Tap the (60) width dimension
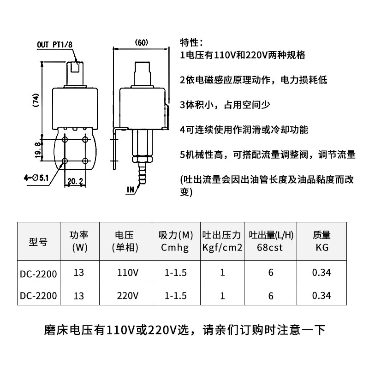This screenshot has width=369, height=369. tap(141, 43)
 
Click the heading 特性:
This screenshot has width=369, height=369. tap(190, 43)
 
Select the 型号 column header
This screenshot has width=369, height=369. tap(38, 241)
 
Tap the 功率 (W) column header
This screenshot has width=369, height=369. tap(79, 241)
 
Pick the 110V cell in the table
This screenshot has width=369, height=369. tap(128, 272)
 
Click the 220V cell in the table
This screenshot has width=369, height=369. tap(128, 295)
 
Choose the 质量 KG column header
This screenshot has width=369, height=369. tap(321, 241)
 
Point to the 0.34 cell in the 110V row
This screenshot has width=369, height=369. tap(321, 272)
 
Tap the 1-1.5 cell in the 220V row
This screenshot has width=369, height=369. tap(175, 295)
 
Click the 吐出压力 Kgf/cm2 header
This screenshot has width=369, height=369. tap(222, 241)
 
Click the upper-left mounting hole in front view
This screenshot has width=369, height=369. tap(65, 139)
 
